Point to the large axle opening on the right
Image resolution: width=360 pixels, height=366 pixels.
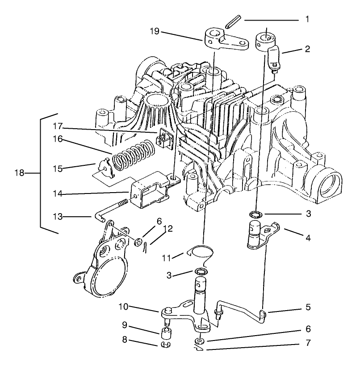pos(331,181)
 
